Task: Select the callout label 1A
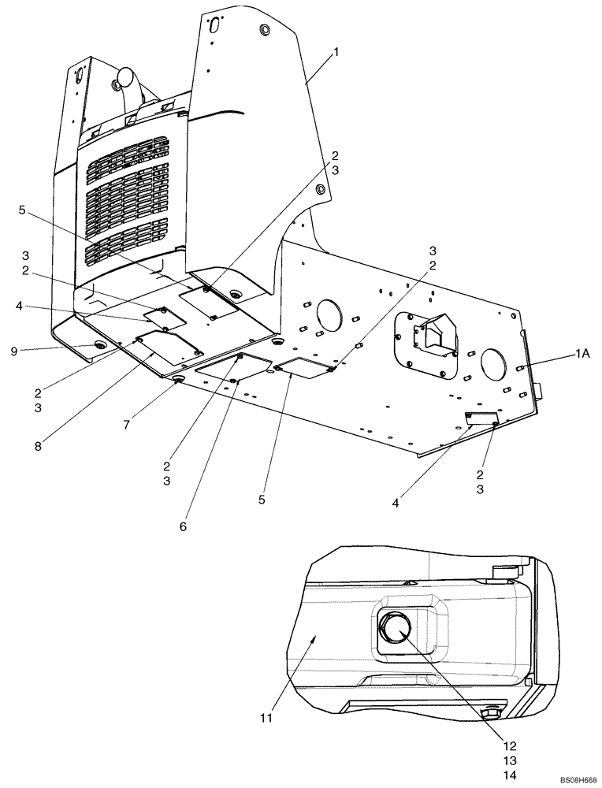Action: [582, 355]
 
